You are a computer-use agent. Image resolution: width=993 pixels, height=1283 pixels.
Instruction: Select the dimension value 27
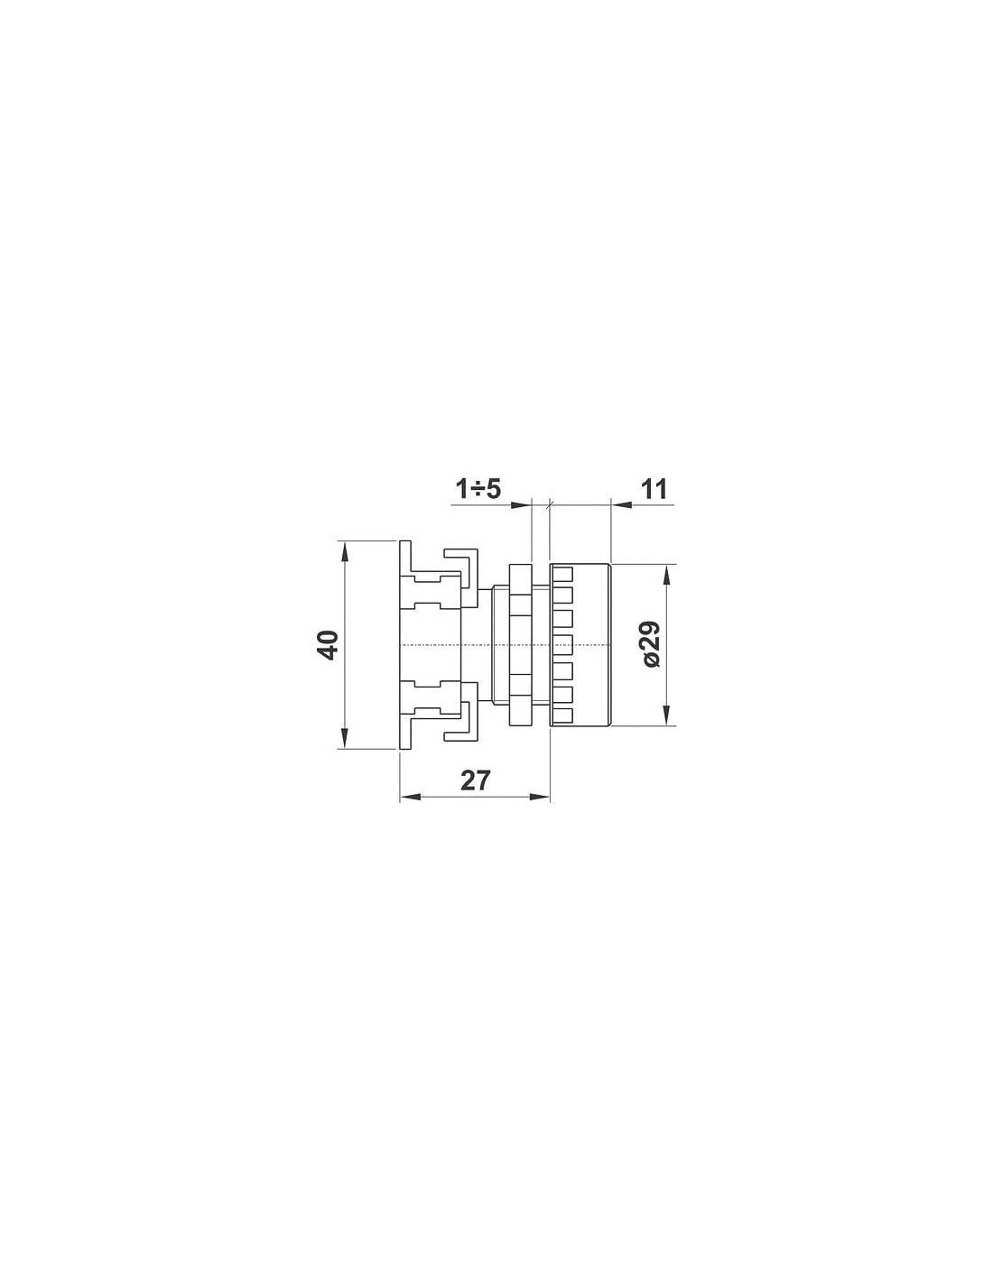[476, 780]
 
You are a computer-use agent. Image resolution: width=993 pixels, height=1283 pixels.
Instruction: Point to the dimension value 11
[654, 489]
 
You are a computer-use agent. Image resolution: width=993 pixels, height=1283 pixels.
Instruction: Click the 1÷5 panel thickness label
[478, 489]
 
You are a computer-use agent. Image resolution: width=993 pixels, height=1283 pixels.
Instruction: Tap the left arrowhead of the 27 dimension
[411, 797]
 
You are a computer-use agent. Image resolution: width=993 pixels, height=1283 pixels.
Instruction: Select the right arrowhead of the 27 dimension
[539, 797]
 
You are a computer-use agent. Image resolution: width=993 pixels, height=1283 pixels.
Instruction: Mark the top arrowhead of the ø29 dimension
[667, 575]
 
